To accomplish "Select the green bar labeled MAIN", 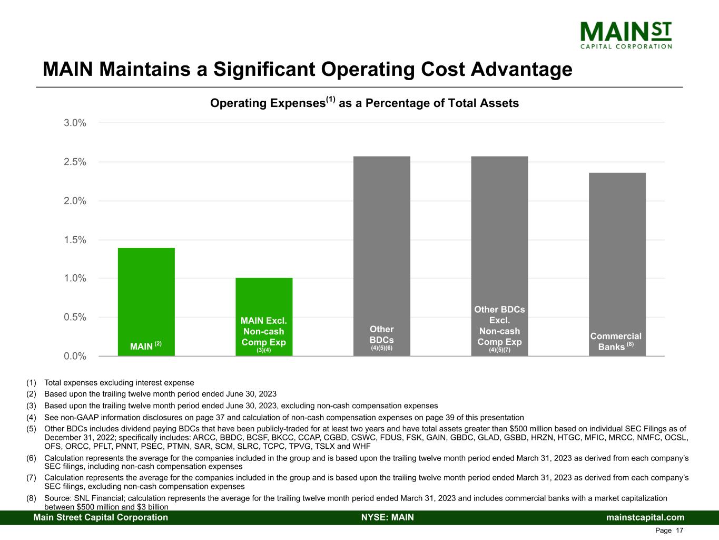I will [146, 295].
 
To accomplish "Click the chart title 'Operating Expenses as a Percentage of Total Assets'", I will [364, 103].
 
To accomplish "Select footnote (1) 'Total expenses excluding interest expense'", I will [119, 383].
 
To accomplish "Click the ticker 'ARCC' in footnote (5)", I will [204, 438].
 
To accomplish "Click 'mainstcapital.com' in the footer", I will [645, 517].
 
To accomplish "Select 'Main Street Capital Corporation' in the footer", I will [101, 517].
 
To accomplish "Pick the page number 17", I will [679, 531].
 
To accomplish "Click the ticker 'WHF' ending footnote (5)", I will [362, 446].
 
